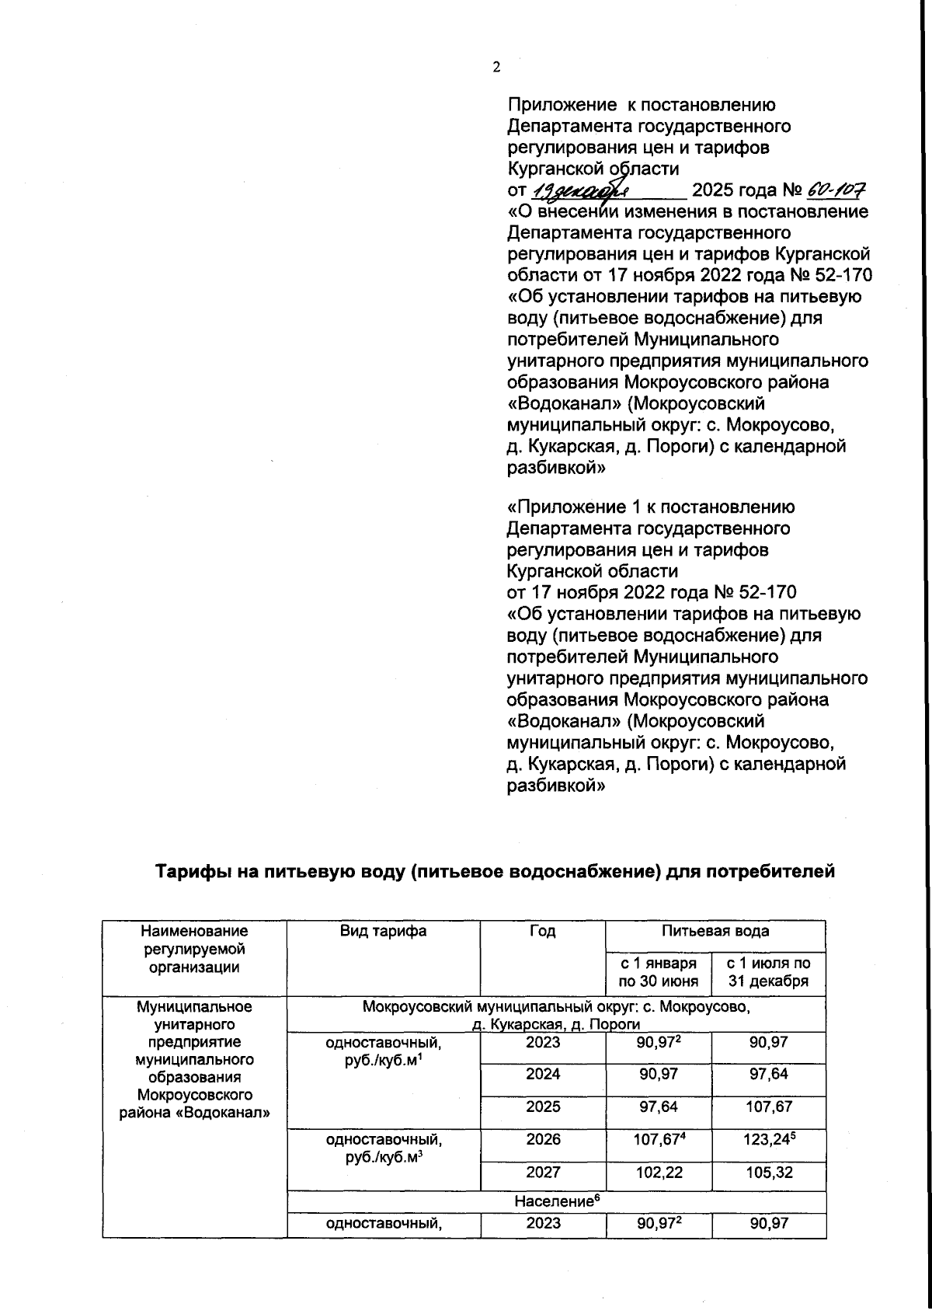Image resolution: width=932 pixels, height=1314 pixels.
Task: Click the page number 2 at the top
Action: pyautogui.click(x=496, y=67)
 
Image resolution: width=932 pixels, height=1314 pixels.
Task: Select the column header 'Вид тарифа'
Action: pyautogui.click(x=383, y=931)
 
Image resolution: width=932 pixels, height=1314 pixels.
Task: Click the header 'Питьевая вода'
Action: pyautogui.click(x=715, y=931)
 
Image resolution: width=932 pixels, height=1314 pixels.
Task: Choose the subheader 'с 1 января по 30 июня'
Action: pyautogui.click(x=658, y=971)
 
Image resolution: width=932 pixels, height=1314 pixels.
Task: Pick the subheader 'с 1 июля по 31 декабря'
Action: pyautogui.click(x=768, y=971)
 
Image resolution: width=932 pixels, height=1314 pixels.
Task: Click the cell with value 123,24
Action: pyautogui.click(x=768, y=1140)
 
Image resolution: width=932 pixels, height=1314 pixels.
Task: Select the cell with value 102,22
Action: pyautogui.click(x=659, y=1172)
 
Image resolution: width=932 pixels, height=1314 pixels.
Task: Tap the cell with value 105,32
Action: pyautogui.click(x=768, y=1172)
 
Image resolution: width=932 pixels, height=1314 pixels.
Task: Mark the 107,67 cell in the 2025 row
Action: pyautogui.click(x=768, y=1107)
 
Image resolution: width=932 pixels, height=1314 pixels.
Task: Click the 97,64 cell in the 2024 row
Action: pyautogui.click(x=768, y=1074)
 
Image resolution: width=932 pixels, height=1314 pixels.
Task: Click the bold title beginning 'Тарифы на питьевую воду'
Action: pyautogui.click(x=496, y=871)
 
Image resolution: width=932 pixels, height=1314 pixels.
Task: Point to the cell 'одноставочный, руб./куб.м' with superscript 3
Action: pyautogui.click(x=383, y=1148)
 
